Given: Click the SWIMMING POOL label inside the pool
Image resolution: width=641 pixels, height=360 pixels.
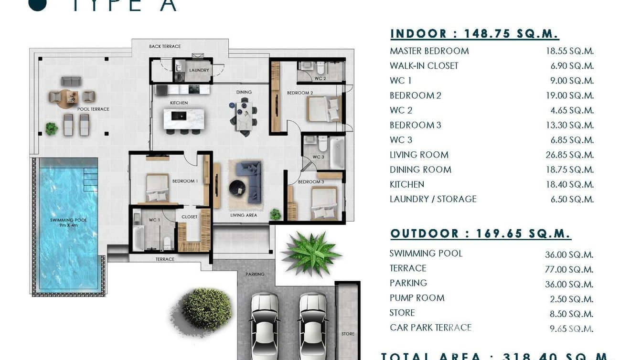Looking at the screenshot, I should coord(68,220).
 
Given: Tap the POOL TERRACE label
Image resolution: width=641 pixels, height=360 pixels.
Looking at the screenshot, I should coord(93,109).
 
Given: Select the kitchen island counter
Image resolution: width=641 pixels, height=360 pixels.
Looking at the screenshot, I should coord(183,119).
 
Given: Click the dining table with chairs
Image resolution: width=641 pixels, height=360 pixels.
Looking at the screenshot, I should coord(244,116).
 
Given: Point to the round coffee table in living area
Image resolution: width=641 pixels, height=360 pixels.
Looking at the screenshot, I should coord(237,188).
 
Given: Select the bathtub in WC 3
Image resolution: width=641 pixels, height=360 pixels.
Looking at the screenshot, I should coord(337,153).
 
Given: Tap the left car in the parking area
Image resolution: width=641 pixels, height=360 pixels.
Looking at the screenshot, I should coord(265,325).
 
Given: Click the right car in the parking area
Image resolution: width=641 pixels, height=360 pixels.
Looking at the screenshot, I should coord(313,325).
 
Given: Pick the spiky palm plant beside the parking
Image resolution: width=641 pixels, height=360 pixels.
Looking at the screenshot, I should coord(311,253).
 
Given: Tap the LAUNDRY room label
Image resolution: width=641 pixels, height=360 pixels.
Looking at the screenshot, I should coord(199,70).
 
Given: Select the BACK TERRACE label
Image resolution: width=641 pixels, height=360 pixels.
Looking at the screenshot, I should coord(165,46).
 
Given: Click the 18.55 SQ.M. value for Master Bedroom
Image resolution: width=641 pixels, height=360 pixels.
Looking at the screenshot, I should coord(569,51).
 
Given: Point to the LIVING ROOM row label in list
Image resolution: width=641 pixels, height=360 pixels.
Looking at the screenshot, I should coord(419,155).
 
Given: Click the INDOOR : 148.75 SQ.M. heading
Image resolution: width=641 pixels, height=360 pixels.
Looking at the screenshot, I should coord(474,34).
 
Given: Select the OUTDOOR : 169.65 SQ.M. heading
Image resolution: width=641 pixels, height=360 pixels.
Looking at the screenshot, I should coord(481,233).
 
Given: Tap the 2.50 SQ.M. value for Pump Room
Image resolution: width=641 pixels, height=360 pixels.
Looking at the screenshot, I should coord(572,299).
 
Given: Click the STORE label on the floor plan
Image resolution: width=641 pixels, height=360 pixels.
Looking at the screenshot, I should coord(348,334).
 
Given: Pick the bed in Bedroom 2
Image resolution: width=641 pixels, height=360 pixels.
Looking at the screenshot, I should coord(324,109).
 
